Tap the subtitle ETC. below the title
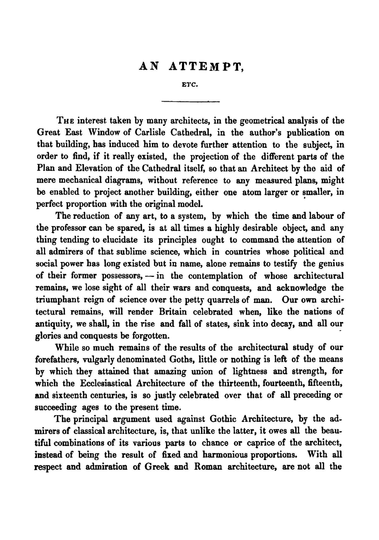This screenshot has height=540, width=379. click(x=190, y=85)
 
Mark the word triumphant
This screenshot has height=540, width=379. click(x=58, y=300)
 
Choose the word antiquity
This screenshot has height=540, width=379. click(x=53, y=324)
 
